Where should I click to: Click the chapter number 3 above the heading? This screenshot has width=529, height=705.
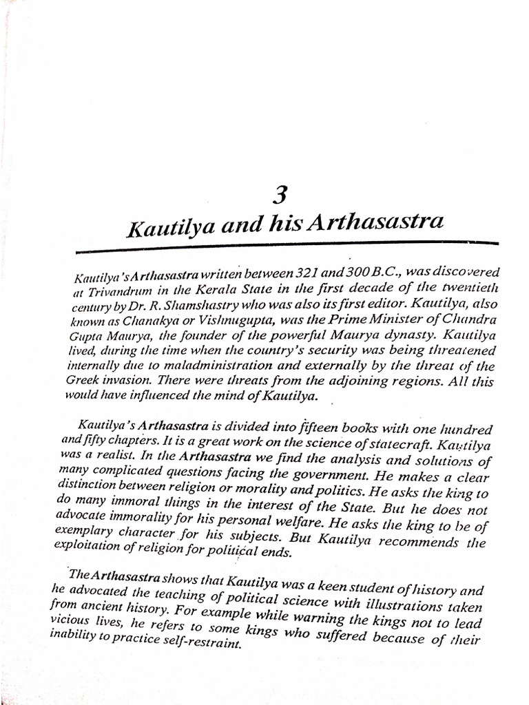pyautogui.click(x=279, y=196)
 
